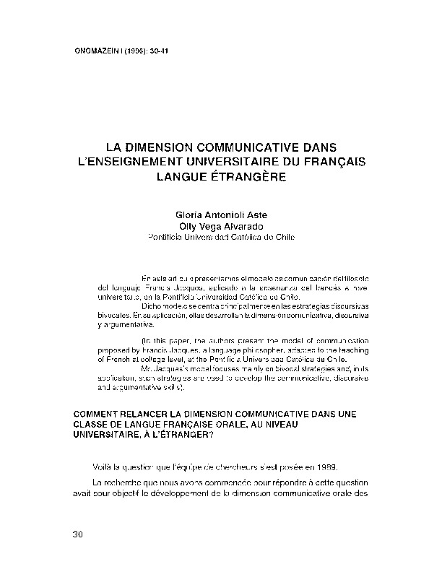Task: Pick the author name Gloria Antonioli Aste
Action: click(221, 215)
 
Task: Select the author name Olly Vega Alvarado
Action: click(221, 226)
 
